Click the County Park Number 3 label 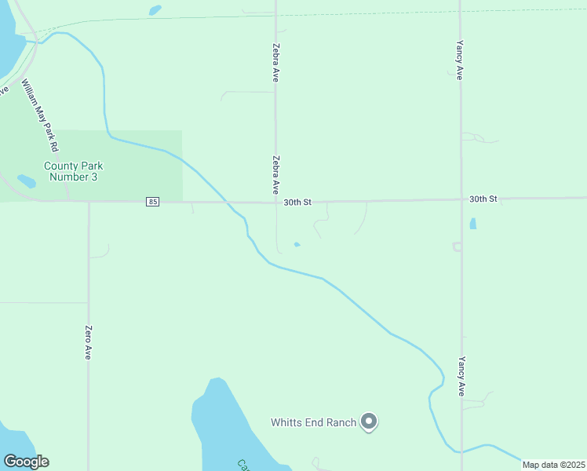pyautogui.click(x=73, y=171)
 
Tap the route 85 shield pyautogui.click(x=152, y=202)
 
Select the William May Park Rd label pyautogui.click(x=40, y=115)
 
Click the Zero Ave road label pyautogui.click(x=89, y=342)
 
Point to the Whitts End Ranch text pyautogui.click(x=314, y=422)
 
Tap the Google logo pyautogui.click(x=26, y=462)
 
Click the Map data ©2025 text pyautogui.click(x=553, y=465)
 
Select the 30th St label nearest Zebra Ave pyautogui.click(x=297, y=202)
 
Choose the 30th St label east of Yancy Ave pyautogui.click(x=483, y=199)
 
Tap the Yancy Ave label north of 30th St pyautogui.click(x=460, y=60)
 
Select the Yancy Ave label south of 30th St pyautogui.click(x=461, y=377)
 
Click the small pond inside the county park pyautogui.click(x=26, y=181)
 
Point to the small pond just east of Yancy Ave pyautogui.click(x=472, y=224)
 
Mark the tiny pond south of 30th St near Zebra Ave pyautogui.click(x=297, y=244)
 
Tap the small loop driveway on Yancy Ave pyautogui.click(x=457, y=246)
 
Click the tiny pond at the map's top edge pyautogui.click(x=155, y=10)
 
